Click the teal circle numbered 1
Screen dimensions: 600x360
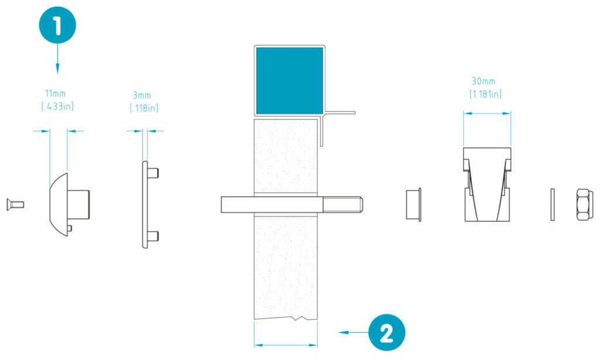(57, 25)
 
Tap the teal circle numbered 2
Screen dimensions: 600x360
(387, 332)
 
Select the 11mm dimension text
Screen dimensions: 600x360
(56, 93)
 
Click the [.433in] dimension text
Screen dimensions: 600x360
(57, 106)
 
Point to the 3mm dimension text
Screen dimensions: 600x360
(142, 95)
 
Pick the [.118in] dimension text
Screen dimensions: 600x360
(144, 108)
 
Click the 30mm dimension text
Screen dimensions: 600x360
(483, 81)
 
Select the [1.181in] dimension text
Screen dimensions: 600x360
(485, 94)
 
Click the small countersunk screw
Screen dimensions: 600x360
(15, 205)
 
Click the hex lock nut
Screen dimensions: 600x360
(585, 205)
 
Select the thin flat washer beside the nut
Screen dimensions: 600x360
(553, 205)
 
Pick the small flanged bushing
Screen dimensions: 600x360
(414, 205)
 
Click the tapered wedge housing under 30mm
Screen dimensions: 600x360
(487, 185)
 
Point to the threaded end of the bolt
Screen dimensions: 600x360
(342, 205)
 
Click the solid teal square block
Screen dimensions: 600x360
(289, 80)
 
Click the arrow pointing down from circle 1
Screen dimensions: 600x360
(57, 58)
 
